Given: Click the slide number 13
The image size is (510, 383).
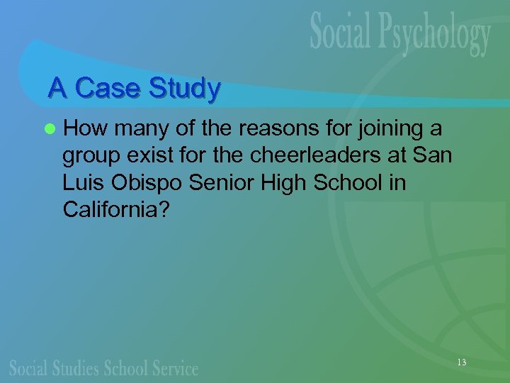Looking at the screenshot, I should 462,362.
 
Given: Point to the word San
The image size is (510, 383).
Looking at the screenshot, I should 433,155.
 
